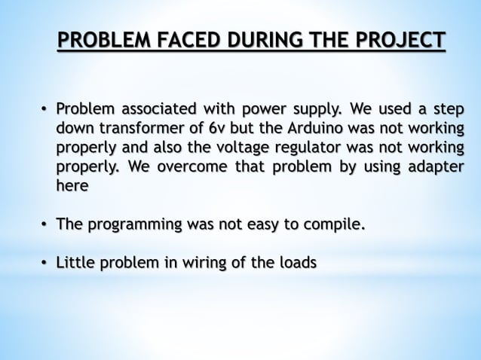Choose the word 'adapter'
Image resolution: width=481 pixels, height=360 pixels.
click(x=434, y=166)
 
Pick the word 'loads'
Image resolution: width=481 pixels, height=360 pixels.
click(x=297, y=263)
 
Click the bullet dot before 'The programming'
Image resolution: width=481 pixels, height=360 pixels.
click(x=44, y=225)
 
